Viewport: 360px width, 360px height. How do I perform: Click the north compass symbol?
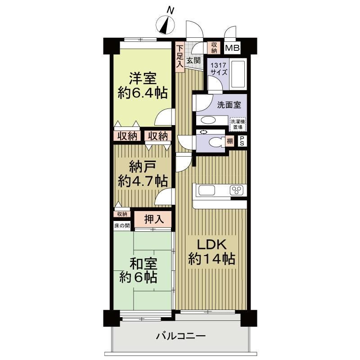pyautogui.click(x=165, y=25)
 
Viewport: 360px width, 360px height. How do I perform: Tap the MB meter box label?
pyautogui.click(x=232, y=48)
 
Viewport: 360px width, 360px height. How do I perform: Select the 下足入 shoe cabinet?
pyautogui.click(x=180, y=57)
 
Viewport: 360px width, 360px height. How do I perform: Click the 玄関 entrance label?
pyautogui.click(x=193, y=60)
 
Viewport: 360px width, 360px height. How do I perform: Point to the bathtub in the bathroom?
pyautogui.click(x=238, y=74)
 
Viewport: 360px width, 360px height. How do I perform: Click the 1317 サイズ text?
pyautogui.click(x=219, y=69)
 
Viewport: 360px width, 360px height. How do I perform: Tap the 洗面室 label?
pyautogui.click(x=229, y=105)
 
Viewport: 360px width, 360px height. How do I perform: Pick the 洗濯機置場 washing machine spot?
pyautogui.click(x=238, y=124)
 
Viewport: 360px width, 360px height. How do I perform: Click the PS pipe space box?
pyautogui.click(x=242, y=141)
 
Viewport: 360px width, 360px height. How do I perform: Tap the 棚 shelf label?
pyautogui.click(x=230, y=141)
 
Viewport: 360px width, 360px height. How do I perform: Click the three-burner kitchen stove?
pyautogui.click(x=237, y=190)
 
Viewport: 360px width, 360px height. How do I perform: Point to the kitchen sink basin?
pyautogui.click(x=207, y=190)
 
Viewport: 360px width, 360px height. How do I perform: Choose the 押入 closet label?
pyautogui.click(x=154, y=219)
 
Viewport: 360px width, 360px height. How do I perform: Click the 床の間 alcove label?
pyautogui.click(x=122, y=226)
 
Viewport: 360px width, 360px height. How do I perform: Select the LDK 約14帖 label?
pyautogui.click(x=211, y=252)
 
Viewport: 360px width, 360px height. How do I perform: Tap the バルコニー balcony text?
pyautogui.click(x=181, y=337)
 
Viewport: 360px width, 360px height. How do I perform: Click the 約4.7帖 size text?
pyautogui.click(x=143, y=181)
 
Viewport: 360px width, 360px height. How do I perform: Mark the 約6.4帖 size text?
pyautogui.click(x=143, y=93)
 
